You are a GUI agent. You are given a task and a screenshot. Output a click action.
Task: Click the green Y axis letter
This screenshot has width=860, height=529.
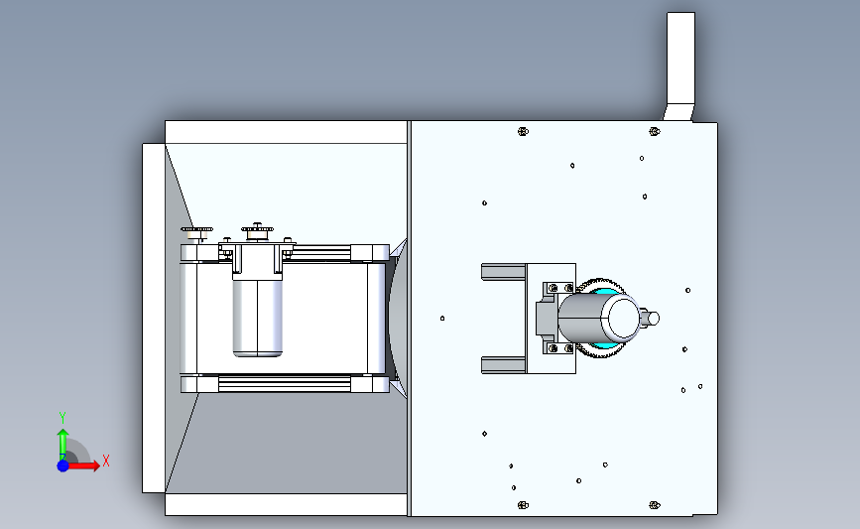point(61,418)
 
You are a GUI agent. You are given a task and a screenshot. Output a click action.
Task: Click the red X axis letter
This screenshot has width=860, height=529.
point(106,461)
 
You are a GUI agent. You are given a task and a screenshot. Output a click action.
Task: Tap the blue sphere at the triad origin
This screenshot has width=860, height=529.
point(63,465)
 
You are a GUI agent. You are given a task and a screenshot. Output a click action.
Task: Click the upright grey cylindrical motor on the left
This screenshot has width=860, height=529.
point(257,316)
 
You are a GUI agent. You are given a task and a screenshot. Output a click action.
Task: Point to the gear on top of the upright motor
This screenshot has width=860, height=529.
point(257,228)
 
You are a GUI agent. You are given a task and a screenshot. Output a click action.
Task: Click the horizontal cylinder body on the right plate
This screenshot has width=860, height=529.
point(598,318)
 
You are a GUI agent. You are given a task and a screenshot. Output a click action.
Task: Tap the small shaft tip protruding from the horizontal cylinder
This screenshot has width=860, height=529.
point(651,318)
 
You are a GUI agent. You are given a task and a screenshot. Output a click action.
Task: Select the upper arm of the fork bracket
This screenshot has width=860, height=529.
point(504,272)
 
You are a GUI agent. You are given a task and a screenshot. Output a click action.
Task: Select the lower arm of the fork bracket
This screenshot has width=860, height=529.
point(504,365)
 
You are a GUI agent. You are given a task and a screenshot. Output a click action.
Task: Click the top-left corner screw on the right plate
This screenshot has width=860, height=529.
point(523,131)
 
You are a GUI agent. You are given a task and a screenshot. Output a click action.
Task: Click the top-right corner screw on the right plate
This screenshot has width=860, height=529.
point(655,131)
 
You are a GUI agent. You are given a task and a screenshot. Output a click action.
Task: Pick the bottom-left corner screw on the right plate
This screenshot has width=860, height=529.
point(523,505)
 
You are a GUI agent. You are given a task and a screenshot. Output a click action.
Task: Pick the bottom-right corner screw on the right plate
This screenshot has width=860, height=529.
point(655,505)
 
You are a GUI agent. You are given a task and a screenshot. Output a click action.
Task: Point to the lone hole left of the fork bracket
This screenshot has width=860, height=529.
point(442,319)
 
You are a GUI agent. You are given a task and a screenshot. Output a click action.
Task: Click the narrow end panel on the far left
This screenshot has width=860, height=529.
point(154,319)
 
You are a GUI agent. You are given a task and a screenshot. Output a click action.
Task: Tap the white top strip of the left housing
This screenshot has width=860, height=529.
point(286,132)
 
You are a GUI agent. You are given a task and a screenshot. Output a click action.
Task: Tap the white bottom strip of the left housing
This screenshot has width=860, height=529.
point(286,504)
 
